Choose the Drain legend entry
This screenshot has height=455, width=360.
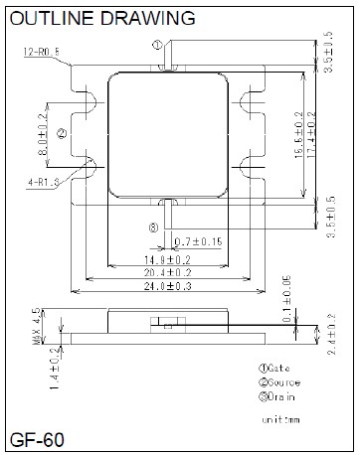coord(278,396)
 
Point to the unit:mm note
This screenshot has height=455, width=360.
coord(280,420)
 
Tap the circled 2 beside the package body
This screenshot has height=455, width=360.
coord(62,132)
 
